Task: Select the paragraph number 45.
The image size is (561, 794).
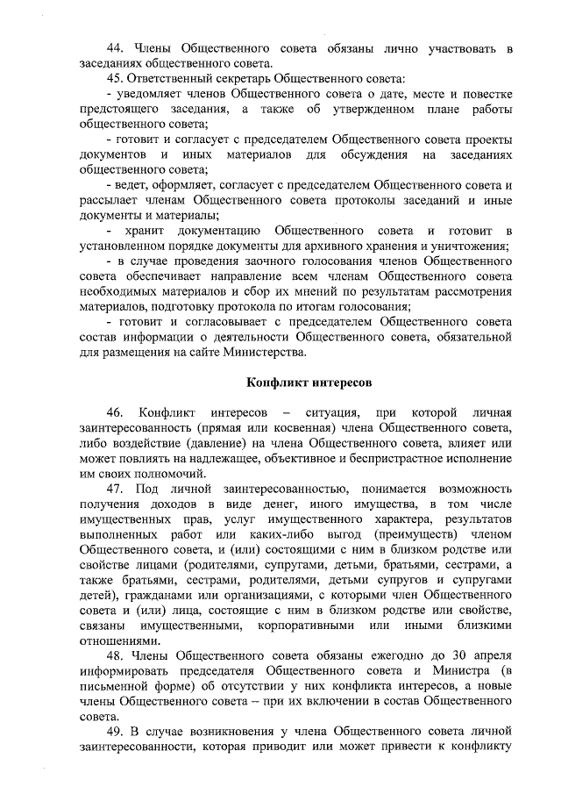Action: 114,76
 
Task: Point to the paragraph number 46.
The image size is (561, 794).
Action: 114,412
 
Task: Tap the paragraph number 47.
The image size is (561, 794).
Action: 114,487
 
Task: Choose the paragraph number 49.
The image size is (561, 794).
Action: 114,732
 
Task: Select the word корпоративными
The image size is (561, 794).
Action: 311,625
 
